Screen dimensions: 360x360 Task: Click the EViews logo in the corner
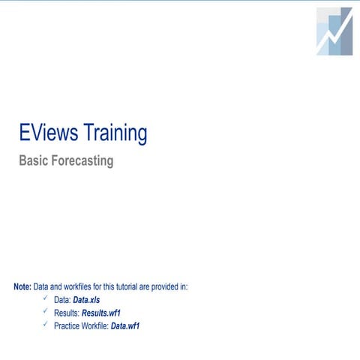tap(334, 31)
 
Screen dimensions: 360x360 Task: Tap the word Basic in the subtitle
tap(33, 160)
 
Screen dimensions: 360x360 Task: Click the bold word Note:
tap(22, 286)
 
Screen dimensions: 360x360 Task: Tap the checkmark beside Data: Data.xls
tap(46, 298)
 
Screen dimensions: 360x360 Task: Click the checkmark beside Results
tap(46, 311)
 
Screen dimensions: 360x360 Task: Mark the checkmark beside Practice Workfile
tap(46, 325)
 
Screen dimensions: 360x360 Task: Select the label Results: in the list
tap(67, 313)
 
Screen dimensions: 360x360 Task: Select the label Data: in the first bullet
tap(61, 300)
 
